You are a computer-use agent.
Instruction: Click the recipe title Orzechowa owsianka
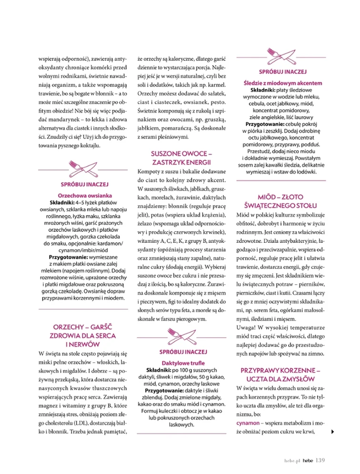85,196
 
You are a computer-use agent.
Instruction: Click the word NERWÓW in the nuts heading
85,344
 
